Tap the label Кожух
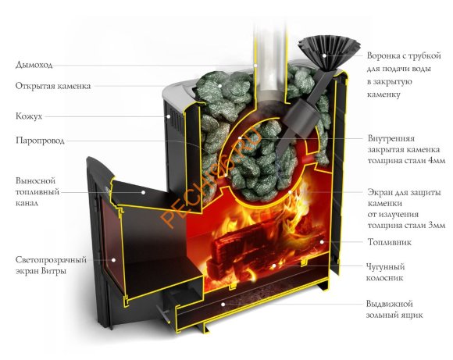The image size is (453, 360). [27, 116]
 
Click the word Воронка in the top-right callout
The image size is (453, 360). [384, 56]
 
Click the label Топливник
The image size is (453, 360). [388, 243]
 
